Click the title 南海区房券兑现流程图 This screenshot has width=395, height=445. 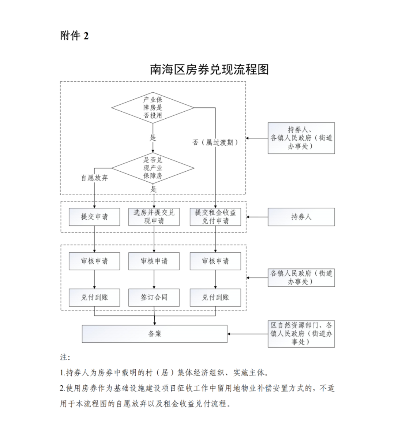[x=209, y=69]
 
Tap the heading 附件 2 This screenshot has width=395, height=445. [x=75, y=36]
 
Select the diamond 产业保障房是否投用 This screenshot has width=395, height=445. [x=153, y=108]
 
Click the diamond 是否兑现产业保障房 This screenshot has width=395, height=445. [x=153, y=168]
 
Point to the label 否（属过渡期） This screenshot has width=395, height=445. [x=215, y=142]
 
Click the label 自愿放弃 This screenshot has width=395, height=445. [x=94, y=178]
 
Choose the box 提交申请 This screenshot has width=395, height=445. [x=94, y=217]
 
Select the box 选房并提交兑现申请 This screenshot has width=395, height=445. [x=154, y=217]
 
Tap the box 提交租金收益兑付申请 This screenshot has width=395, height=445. [x=215, y=217]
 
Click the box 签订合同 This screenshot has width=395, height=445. [x=154, y=297]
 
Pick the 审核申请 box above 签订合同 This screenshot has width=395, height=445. [x=154, y=261]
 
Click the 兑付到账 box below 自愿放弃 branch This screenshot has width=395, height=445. [x=94, y=297]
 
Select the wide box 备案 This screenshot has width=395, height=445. [x=154, y=334]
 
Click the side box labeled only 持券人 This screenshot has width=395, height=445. [x=301, y=217]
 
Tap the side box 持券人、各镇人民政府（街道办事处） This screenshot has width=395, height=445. [x=301, y=138]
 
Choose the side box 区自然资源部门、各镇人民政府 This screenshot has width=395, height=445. [x=301, y=334]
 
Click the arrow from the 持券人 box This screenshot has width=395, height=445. [x=257, y=217]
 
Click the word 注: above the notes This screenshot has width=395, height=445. [x=65, y=357]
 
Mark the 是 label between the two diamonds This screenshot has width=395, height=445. [x=153, y=138]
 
